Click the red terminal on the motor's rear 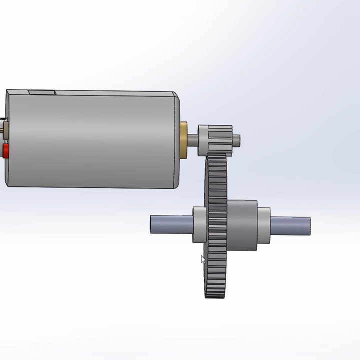[5, 150]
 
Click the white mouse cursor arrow [203, 259]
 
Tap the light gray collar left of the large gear [199, 225]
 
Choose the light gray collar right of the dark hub [264, 225]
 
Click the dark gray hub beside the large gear [242, 225]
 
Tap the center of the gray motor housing [92, 140]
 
